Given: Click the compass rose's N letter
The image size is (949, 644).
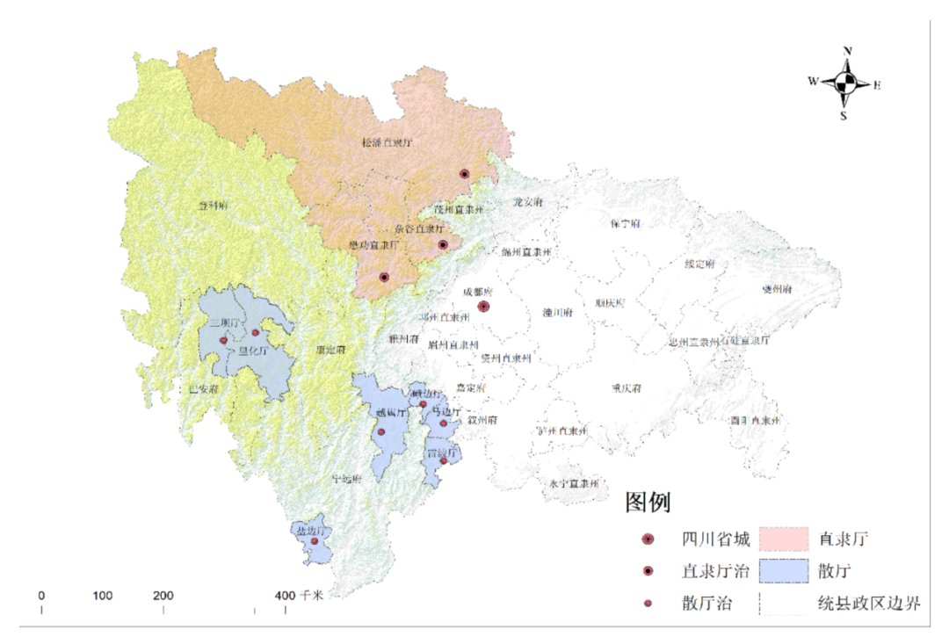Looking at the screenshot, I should tap(847, 52).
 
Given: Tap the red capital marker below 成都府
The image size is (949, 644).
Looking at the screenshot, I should tap(483, 307).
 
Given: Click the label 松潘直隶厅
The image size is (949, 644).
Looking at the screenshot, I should tap(387, 141).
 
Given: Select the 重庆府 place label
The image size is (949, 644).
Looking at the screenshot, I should tap(627, 387).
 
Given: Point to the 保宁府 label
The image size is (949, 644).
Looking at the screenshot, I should tap(625, 223).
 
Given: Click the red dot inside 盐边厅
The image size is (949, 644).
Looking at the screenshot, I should tap(315, 541).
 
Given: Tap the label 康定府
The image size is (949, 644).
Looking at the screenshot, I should tap(330, 350).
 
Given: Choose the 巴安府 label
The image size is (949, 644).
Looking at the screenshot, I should tap(203, 388).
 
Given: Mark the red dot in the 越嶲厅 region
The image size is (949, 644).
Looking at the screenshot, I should tap(381, 431).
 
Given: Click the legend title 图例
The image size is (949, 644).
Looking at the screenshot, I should tap(648, 503).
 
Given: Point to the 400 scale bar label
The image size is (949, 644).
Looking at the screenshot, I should tap(285, 595).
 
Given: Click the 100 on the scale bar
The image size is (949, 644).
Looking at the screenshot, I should tap(103, 595).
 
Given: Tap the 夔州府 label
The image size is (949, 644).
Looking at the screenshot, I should tap(777, 289).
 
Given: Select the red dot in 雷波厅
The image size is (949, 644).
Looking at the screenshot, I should tap(444, 460).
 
